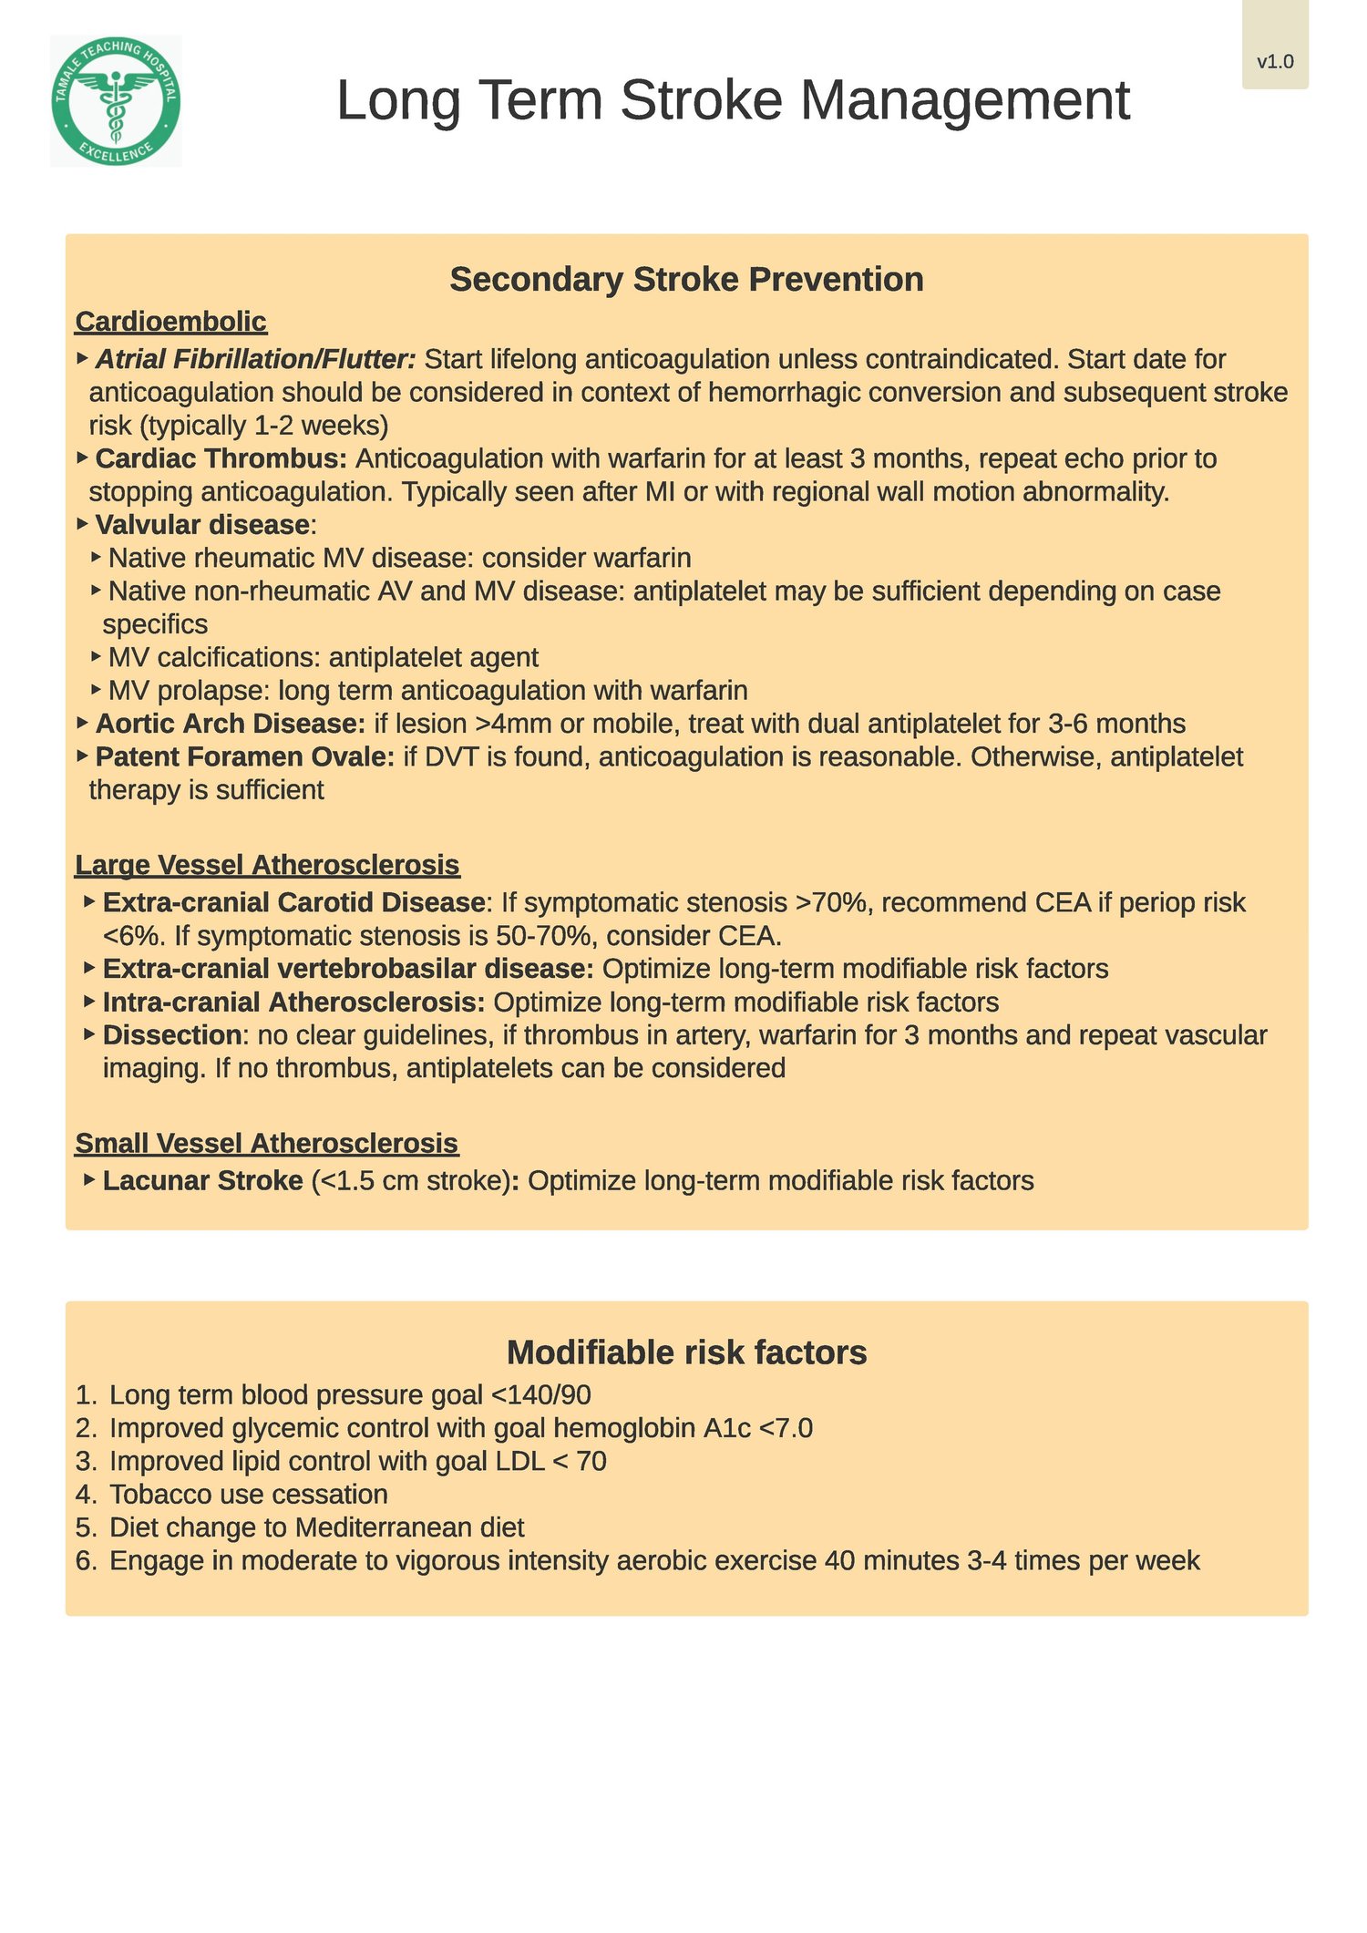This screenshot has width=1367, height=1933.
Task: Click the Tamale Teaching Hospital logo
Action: pos(116,101)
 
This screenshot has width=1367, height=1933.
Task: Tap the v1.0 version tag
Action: pos(1275,62)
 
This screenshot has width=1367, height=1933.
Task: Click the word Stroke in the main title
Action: pos(701,100)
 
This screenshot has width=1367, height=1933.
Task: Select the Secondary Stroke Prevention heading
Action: pos(686,279)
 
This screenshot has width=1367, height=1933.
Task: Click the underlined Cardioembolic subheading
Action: pos(170,322)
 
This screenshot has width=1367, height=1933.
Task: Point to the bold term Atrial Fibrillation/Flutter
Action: pos(255,359)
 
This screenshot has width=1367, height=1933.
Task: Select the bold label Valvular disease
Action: pos(202,525)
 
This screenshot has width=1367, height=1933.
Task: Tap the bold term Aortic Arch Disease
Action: pos(230,724)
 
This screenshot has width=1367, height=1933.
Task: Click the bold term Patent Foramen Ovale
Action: pos(244,757)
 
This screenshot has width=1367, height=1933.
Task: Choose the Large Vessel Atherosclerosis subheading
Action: pos(267,864)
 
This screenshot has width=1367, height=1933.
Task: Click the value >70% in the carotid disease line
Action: pos(834,902)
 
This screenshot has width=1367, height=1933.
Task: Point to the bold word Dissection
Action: pos(171,1035)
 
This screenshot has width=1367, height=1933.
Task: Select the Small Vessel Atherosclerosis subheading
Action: pos(266,1143)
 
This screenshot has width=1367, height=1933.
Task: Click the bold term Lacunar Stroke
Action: pos(202,1181)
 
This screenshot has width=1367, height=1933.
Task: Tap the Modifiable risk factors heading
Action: pos(686,1352)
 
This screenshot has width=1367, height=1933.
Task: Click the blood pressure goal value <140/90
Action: pos(540,1395)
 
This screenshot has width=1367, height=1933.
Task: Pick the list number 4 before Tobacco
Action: pos(86,1495)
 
